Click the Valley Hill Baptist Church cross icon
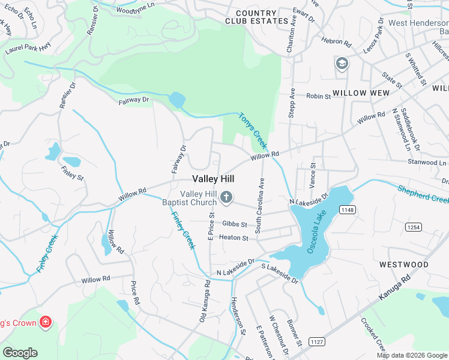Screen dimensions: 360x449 (x=226, y=197)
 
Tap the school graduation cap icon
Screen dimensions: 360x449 (x=342, y=64)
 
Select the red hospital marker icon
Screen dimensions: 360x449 (x=45, y=323)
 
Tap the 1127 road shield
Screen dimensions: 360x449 (x=318, y=341)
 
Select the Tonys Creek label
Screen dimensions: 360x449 (x=253, y=130)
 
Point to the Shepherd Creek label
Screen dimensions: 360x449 (x=423, y=193)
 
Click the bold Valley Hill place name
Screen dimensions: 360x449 (x=213, y=179)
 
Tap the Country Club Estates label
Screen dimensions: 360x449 (x=256, y=17)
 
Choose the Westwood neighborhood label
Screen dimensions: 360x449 (x=404, y=265)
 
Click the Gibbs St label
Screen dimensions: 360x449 (x=234, y=224)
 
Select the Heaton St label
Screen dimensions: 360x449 (x=234, y=238)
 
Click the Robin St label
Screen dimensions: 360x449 (x=318, y=96)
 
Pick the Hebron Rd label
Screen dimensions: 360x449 (x=336, y=43)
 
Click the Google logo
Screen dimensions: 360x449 (x=20, y=353)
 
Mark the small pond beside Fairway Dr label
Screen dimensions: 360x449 (x=177, y=100)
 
